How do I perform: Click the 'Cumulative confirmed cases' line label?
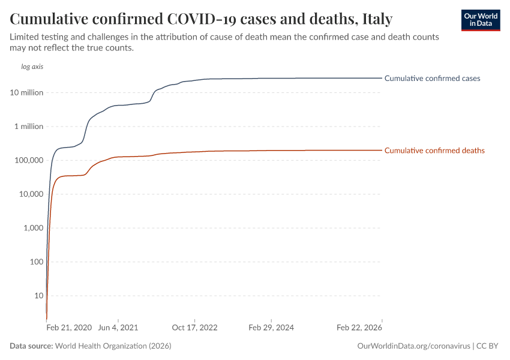click(432, 78)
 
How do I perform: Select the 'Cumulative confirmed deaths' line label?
click(434, 151)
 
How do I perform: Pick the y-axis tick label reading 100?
click(36, 262)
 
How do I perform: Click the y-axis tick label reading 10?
click(38, 296)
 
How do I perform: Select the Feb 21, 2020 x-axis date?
click(69, 328)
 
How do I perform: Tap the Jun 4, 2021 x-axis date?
click(118, 328)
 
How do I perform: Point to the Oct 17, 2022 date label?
click(194, 328)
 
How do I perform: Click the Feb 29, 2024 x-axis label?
click(271, 328)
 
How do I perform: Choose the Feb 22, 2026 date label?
click(359, 328)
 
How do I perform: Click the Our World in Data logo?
click(480, 20)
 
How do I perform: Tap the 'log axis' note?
click(32, 67)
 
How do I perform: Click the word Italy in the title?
click(377, 19)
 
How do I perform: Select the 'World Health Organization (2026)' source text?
click(113, 346)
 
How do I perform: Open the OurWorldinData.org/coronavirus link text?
click(413, 346)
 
